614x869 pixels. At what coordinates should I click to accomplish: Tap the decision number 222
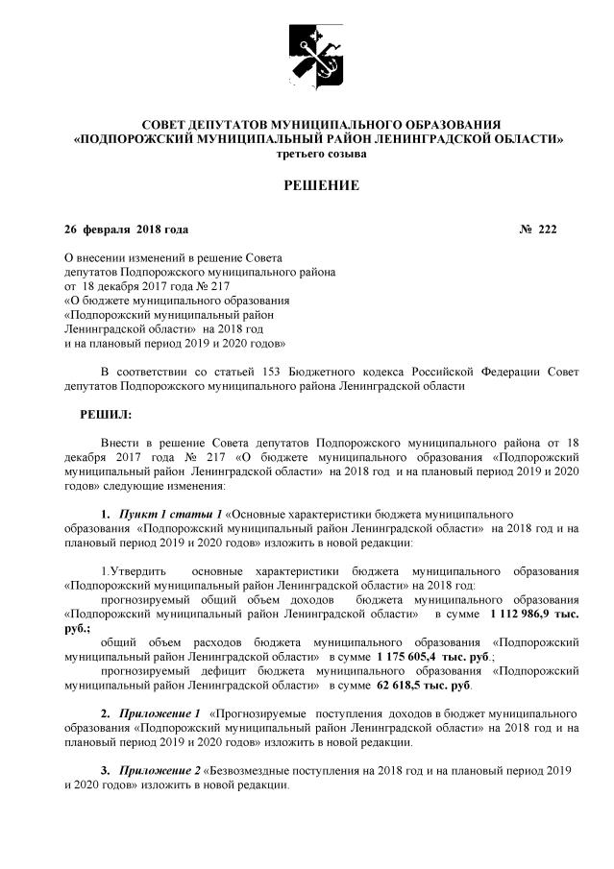548,229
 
